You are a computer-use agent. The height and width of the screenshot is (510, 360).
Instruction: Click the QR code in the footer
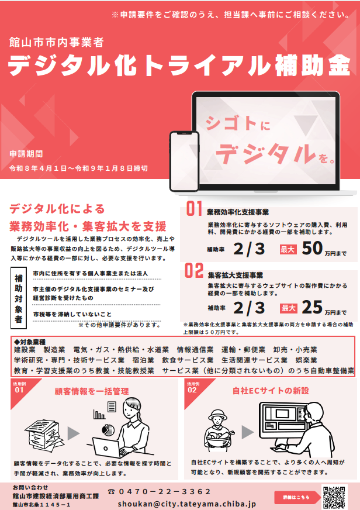tap(334, 497)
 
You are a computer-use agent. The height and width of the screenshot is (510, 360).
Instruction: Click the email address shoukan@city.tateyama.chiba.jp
tap(187, 504)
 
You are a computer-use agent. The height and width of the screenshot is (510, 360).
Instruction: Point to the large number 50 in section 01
tap(312, 249)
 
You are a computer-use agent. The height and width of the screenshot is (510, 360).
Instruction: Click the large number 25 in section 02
tap(312, 307)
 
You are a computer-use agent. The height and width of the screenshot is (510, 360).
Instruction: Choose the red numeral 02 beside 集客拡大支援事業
tap(194, 271)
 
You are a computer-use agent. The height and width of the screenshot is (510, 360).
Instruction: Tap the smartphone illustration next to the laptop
tap(184, 161)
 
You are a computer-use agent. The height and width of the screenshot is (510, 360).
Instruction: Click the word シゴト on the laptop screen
tap(231, 123)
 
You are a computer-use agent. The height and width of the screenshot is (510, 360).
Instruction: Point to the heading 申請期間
tap(26, 154)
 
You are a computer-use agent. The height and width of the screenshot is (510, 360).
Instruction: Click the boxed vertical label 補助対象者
tap(19, 298)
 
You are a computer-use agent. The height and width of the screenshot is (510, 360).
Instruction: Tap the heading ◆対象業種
tap(30, 342)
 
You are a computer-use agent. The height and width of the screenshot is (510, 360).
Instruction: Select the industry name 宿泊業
tap(143, 360)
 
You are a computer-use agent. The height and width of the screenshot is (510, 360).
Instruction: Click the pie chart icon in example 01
tap(108, 430)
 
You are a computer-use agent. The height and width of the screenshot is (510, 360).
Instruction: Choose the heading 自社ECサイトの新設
tap(271, 391)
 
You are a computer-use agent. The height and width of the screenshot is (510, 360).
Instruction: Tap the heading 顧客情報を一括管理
tap(92, 391)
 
